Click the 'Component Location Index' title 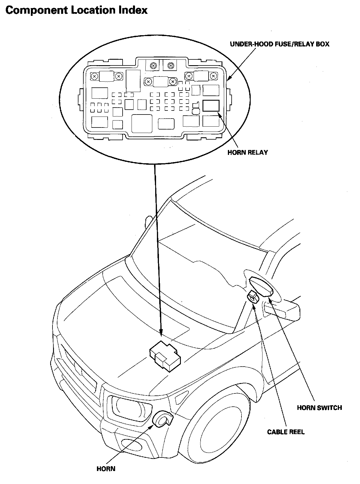point(76,11)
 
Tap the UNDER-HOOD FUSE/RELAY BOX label point(280,44)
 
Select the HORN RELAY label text point(247,153)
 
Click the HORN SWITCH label point(319,408)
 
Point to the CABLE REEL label point(286,432)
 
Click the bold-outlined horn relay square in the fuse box point(211,106)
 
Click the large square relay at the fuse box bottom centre point(142,123)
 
